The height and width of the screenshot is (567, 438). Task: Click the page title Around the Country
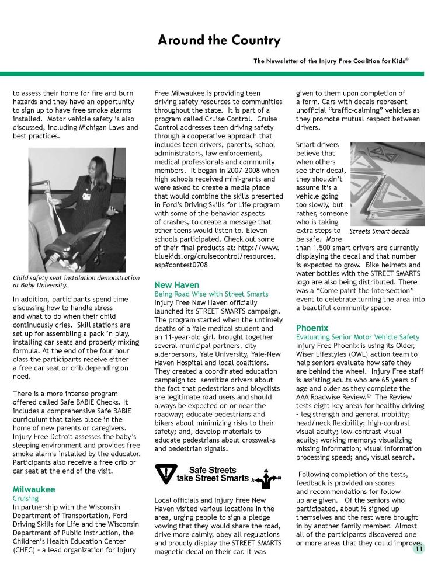(x=219, y=40)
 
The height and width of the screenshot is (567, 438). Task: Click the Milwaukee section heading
(x=34, y=489)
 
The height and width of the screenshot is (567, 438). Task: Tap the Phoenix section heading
(x=312, y=328)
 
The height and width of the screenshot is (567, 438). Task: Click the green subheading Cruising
(x=26, y=499)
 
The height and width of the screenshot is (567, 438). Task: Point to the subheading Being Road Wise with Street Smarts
(x=211, y=294)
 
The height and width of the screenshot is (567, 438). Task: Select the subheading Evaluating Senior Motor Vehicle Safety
(x=357, y=337)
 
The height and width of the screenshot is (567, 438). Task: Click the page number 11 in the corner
(x=419, y=548)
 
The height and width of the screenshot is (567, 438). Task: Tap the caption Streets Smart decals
(x=379, y=232)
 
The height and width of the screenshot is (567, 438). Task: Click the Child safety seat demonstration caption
(x=76, y=281)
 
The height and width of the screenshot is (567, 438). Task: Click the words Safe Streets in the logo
(x=213, y=470)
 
